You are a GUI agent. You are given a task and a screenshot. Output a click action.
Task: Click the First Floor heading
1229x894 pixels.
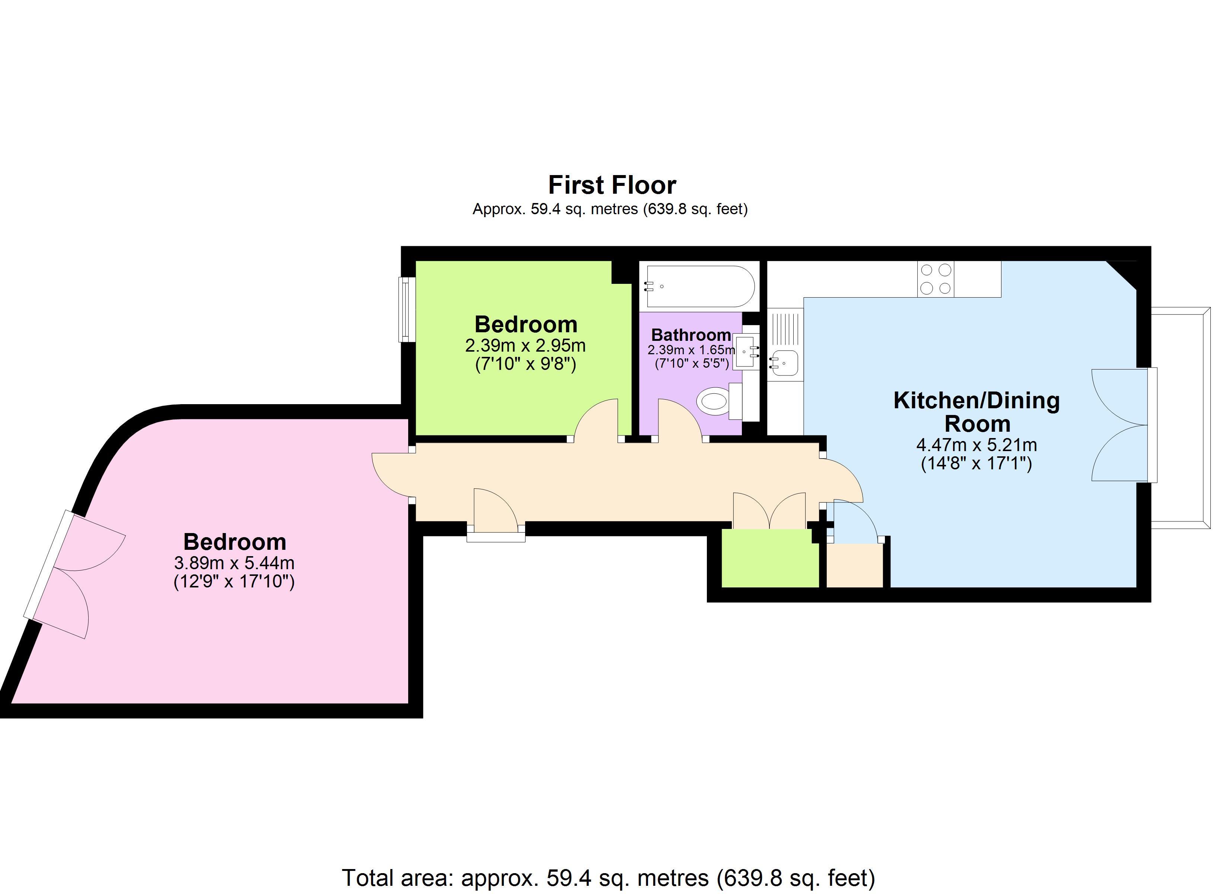point(612,186)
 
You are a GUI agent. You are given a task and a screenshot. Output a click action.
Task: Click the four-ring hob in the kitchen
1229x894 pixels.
point(935,279)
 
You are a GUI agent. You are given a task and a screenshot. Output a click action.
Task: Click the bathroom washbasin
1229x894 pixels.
point(746,351)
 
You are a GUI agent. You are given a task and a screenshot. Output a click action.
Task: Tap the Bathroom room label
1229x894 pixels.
point(691,335)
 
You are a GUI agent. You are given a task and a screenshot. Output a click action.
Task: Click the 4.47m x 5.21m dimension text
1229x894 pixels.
point(976,445)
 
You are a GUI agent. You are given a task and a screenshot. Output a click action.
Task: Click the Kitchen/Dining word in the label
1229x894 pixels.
point(976,401)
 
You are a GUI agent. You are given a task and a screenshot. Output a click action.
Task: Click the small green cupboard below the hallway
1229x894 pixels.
point(769,558)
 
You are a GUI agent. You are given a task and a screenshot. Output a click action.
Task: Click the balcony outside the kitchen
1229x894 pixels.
point(1181,418)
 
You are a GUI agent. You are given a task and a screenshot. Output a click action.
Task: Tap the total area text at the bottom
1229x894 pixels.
point(608,878)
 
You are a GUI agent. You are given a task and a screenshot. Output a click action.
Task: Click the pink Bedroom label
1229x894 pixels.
point(235,542)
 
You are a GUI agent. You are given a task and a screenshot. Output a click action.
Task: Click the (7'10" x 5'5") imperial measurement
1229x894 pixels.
point(692,363)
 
